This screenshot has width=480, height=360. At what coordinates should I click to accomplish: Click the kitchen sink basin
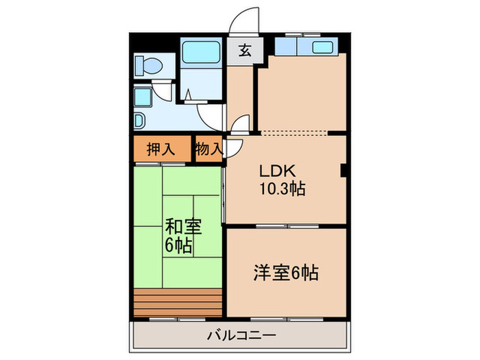[322, 47]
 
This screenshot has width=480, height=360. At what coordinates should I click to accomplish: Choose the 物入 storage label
[208, 149]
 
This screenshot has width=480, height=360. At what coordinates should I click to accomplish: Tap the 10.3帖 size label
[282, 188]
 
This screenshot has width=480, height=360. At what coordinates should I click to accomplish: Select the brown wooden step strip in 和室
[178, 300]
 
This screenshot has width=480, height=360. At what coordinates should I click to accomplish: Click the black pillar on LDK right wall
[344, 171]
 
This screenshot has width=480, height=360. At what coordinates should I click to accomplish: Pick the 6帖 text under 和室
[178, 244]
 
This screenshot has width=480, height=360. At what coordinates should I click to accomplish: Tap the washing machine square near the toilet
[143, 97]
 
